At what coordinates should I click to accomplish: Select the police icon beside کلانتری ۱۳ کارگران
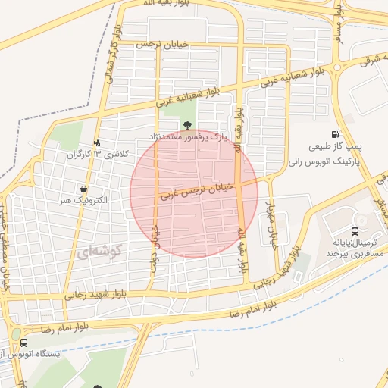[96, 142]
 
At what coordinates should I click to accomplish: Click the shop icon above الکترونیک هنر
[83, 189]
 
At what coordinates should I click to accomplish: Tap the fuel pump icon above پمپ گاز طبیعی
[335, 134]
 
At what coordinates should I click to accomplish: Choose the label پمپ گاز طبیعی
[333, 145]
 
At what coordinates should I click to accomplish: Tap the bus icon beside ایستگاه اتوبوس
[23, 343]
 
